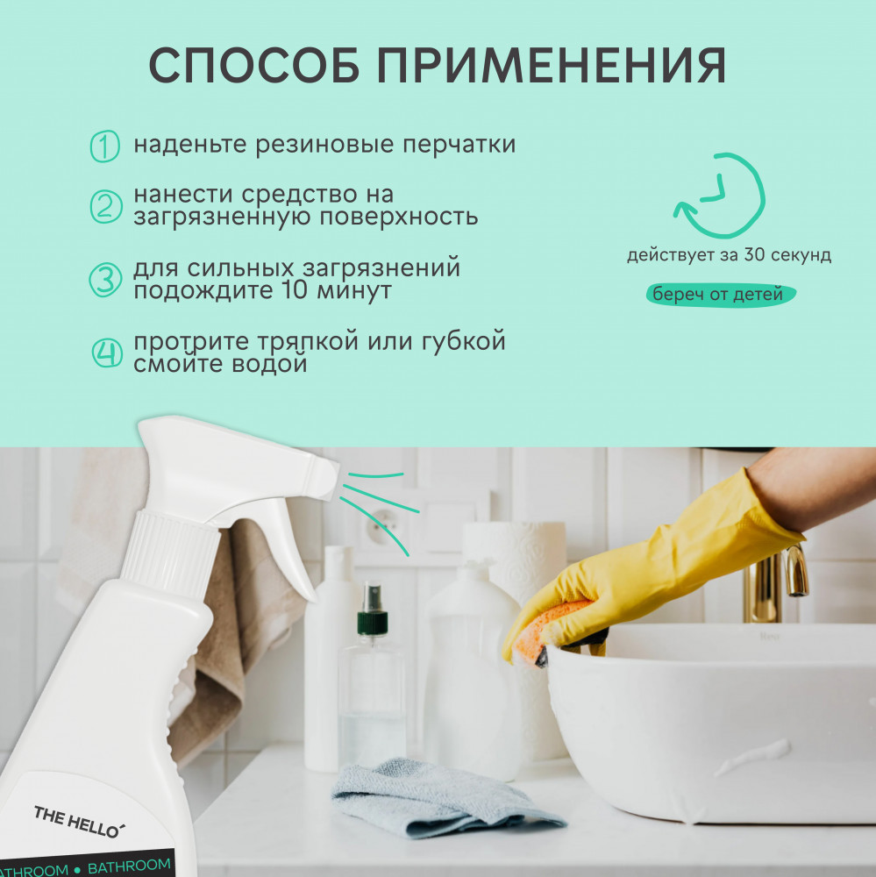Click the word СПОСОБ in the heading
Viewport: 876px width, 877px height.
click(x=254, y=66)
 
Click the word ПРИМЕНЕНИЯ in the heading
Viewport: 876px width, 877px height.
click(x=552, y=66)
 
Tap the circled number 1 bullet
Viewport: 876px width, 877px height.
click(x=104, y=146)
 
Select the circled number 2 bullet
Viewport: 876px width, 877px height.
click(x=106, y=206)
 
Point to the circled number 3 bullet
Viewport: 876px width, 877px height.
click(x=105, y=280)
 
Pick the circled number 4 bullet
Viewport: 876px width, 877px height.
click(x=107, y=353)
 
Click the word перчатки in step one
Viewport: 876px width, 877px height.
click(x=459, y=145)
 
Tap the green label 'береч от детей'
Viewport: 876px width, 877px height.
click(x=721, y=294)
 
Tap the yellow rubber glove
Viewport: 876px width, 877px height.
click(x=654, y=565)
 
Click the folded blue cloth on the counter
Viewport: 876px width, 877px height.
click(x=442, y=797)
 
